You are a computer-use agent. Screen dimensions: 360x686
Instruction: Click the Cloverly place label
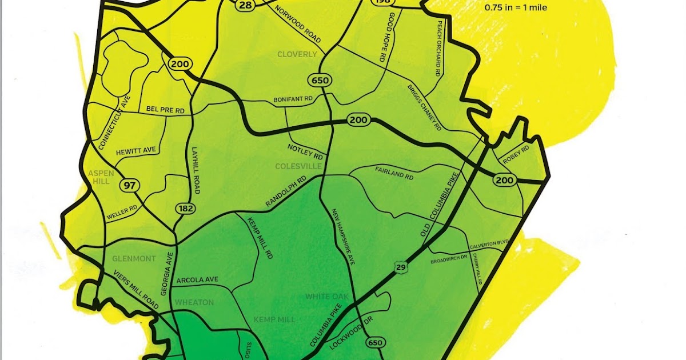click(297, 54)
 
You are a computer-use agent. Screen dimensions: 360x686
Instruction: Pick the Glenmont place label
click(134, 259)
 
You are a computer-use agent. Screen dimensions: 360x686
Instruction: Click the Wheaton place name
click(194, 302)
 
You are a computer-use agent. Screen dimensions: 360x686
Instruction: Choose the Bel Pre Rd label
click(166, 109)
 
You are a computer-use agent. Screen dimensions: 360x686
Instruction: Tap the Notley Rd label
click(306, 153)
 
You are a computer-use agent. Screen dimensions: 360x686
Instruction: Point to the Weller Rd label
click(121, 213)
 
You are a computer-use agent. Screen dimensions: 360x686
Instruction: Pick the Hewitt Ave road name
click(135, 150)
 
